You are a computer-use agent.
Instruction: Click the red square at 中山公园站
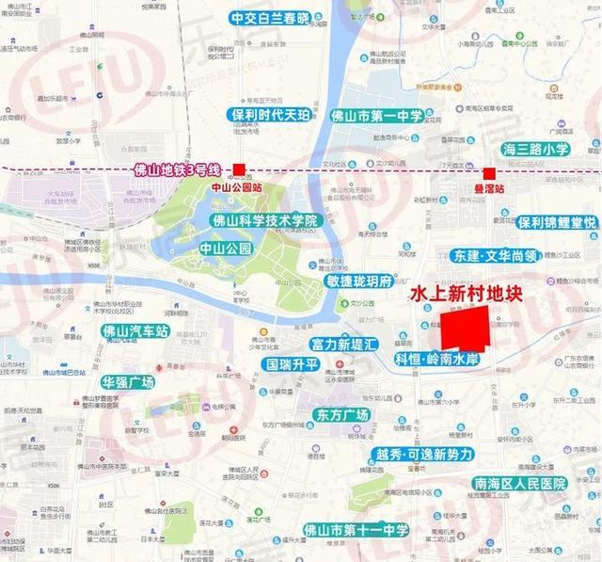click(239, 170)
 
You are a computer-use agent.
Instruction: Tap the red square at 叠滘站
click(489, 173)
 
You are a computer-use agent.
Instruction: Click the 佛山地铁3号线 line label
click(177, 170)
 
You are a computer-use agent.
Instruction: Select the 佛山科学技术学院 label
click(267, 220)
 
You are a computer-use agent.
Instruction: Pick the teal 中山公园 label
click(226, 249)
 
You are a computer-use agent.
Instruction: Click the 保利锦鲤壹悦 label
click(557, 222)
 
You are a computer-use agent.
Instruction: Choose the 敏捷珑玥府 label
click(358, 281)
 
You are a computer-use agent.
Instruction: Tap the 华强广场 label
click(128, 382)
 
